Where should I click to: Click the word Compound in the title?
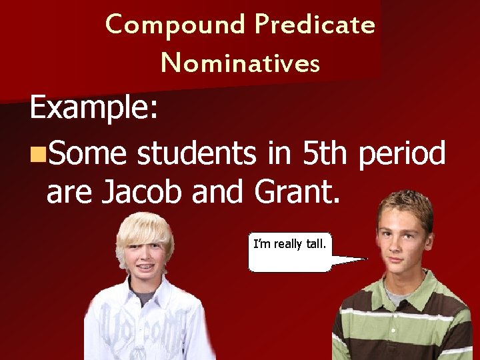[175, 25]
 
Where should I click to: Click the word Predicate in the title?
[315, 25]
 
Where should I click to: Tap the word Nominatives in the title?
[240, 63]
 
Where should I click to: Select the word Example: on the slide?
[94, 109]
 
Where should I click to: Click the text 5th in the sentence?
[324, 153]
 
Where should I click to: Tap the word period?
[401, 155]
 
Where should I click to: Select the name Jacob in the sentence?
[141, 192]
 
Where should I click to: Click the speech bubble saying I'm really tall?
[290, 252]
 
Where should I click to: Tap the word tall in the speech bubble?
[316, 244]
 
